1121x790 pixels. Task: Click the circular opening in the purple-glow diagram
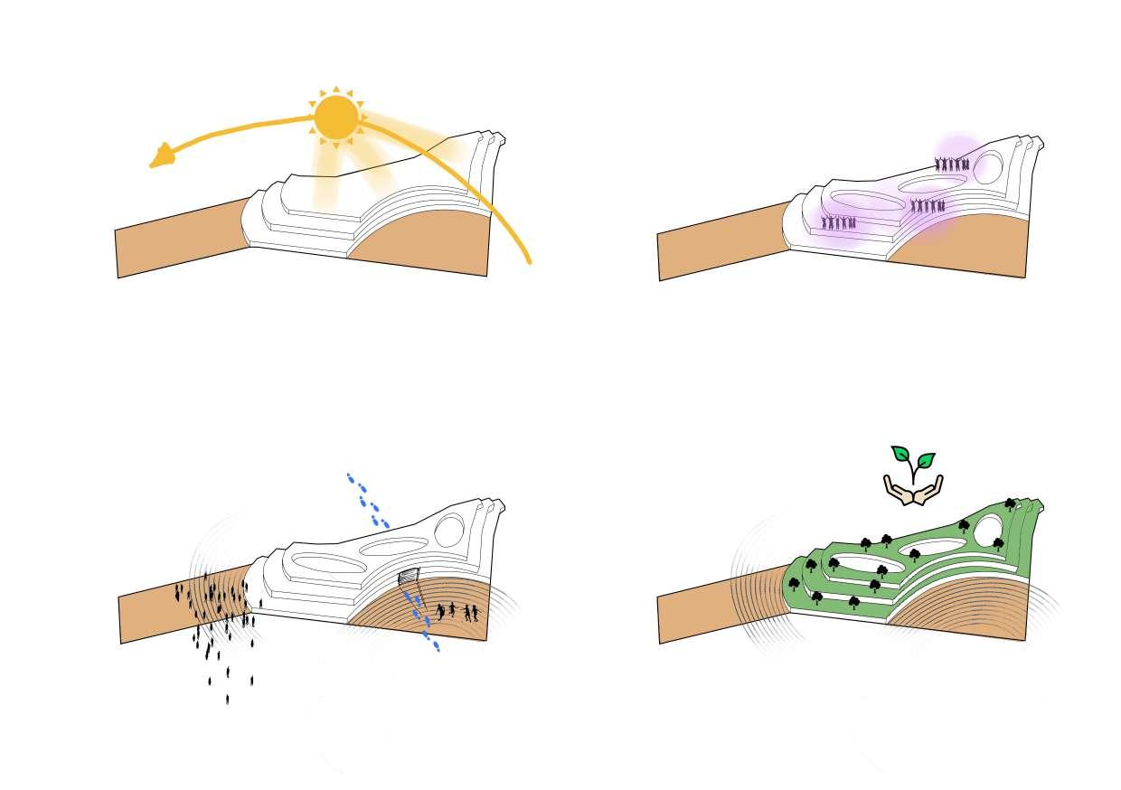987,166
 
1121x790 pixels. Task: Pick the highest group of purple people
952,164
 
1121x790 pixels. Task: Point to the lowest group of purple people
838,222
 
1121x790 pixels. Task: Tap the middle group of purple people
928,206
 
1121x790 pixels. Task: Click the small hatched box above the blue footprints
410,576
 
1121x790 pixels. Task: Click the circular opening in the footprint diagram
449,530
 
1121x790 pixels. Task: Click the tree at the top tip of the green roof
1011,503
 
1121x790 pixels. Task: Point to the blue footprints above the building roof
368,500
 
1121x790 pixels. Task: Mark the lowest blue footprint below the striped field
436,646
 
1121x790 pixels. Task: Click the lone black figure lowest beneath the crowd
227,698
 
